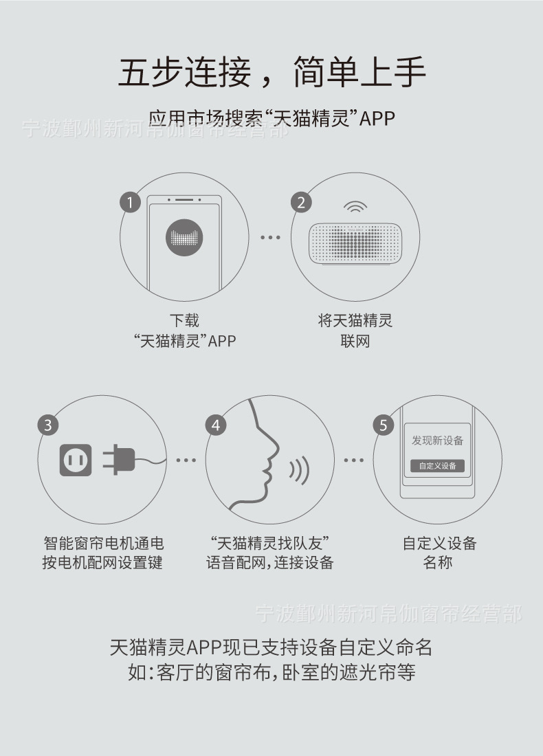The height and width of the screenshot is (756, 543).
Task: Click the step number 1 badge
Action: tap(130, 202)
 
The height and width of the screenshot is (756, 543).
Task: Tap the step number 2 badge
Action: tap(300, 202)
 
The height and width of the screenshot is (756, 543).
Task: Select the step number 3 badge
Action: tap(47, 425)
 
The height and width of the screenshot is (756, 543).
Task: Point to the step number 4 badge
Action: tap(216, 425)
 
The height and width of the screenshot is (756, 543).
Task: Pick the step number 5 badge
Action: tap(384, 425)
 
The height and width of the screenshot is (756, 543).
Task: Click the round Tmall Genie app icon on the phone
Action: tap(184, 237)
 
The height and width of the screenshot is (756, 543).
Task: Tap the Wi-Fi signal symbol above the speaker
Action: tap(355, 208)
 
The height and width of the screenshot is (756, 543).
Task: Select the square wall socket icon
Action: tap(76, 459)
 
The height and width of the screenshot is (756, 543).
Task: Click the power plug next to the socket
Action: tap(120, 459)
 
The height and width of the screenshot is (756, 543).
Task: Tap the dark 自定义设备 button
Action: tap(437, 465)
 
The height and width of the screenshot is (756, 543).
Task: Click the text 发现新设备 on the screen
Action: tap(437, 441)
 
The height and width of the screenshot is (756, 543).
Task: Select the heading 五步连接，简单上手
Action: tap(271, 72)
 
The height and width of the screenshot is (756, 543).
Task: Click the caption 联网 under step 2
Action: tap(355, 342)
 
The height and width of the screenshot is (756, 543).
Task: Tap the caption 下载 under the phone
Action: tap(184, 320)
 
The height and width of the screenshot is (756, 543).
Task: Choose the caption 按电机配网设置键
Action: tap(102, 563)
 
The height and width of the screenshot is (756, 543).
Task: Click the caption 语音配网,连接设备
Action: tap(270, 563)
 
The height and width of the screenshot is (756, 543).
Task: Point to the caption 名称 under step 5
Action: tap(438, 563)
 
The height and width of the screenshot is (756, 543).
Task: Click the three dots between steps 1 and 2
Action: tap(270, 238)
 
